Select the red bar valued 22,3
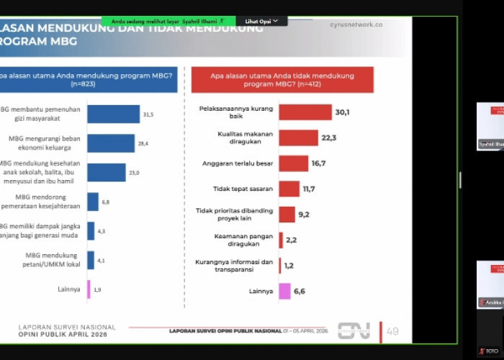(298, 138)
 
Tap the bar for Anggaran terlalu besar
(293, 163)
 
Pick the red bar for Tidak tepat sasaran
(289, 189)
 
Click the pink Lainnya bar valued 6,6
(284, 291)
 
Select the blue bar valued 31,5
(113, 114)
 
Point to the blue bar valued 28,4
(111, 143)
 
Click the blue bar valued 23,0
(106, 173)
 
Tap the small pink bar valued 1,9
(89, 289)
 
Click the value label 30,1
(342, 112)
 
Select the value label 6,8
(106, 202)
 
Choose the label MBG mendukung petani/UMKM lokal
(55, 259)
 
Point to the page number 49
(392, 331)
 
